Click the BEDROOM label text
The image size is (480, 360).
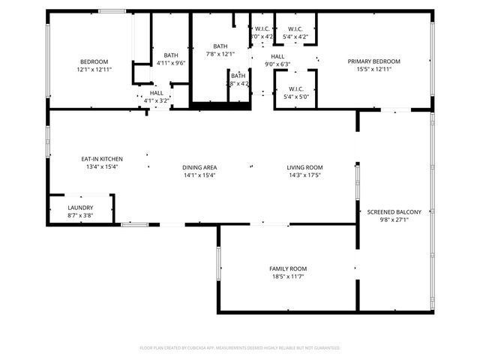click(94, 61)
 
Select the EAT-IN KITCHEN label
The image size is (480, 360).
click(102, 159)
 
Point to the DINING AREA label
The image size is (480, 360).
click(199, 167)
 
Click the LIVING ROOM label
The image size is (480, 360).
click(304, 167)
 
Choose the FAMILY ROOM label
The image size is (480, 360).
click(288, 268)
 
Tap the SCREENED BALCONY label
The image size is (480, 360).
click(394, 212)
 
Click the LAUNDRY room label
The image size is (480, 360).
click(80, 208)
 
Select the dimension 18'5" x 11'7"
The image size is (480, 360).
click(288, 276)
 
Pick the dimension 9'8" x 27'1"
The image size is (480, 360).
click(394, 220)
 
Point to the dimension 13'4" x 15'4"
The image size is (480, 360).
click(102, 166)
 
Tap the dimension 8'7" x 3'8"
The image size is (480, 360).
click(80, 215)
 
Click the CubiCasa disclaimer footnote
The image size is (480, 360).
click(240, 348)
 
